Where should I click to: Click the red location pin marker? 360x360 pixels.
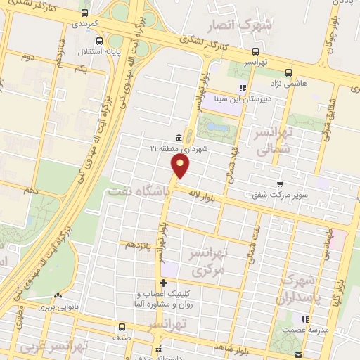point(181,166)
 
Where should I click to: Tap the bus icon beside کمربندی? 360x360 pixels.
point(85,13)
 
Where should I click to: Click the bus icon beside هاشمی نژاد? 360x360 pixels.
point(288,72)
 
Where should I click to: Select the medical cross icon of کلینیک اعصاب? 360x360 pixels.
point(163,283)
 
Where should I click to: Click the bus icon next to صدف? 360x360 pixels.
point(122,327)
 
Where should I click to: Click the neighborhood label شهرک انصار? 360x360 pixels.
point(236,27)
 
